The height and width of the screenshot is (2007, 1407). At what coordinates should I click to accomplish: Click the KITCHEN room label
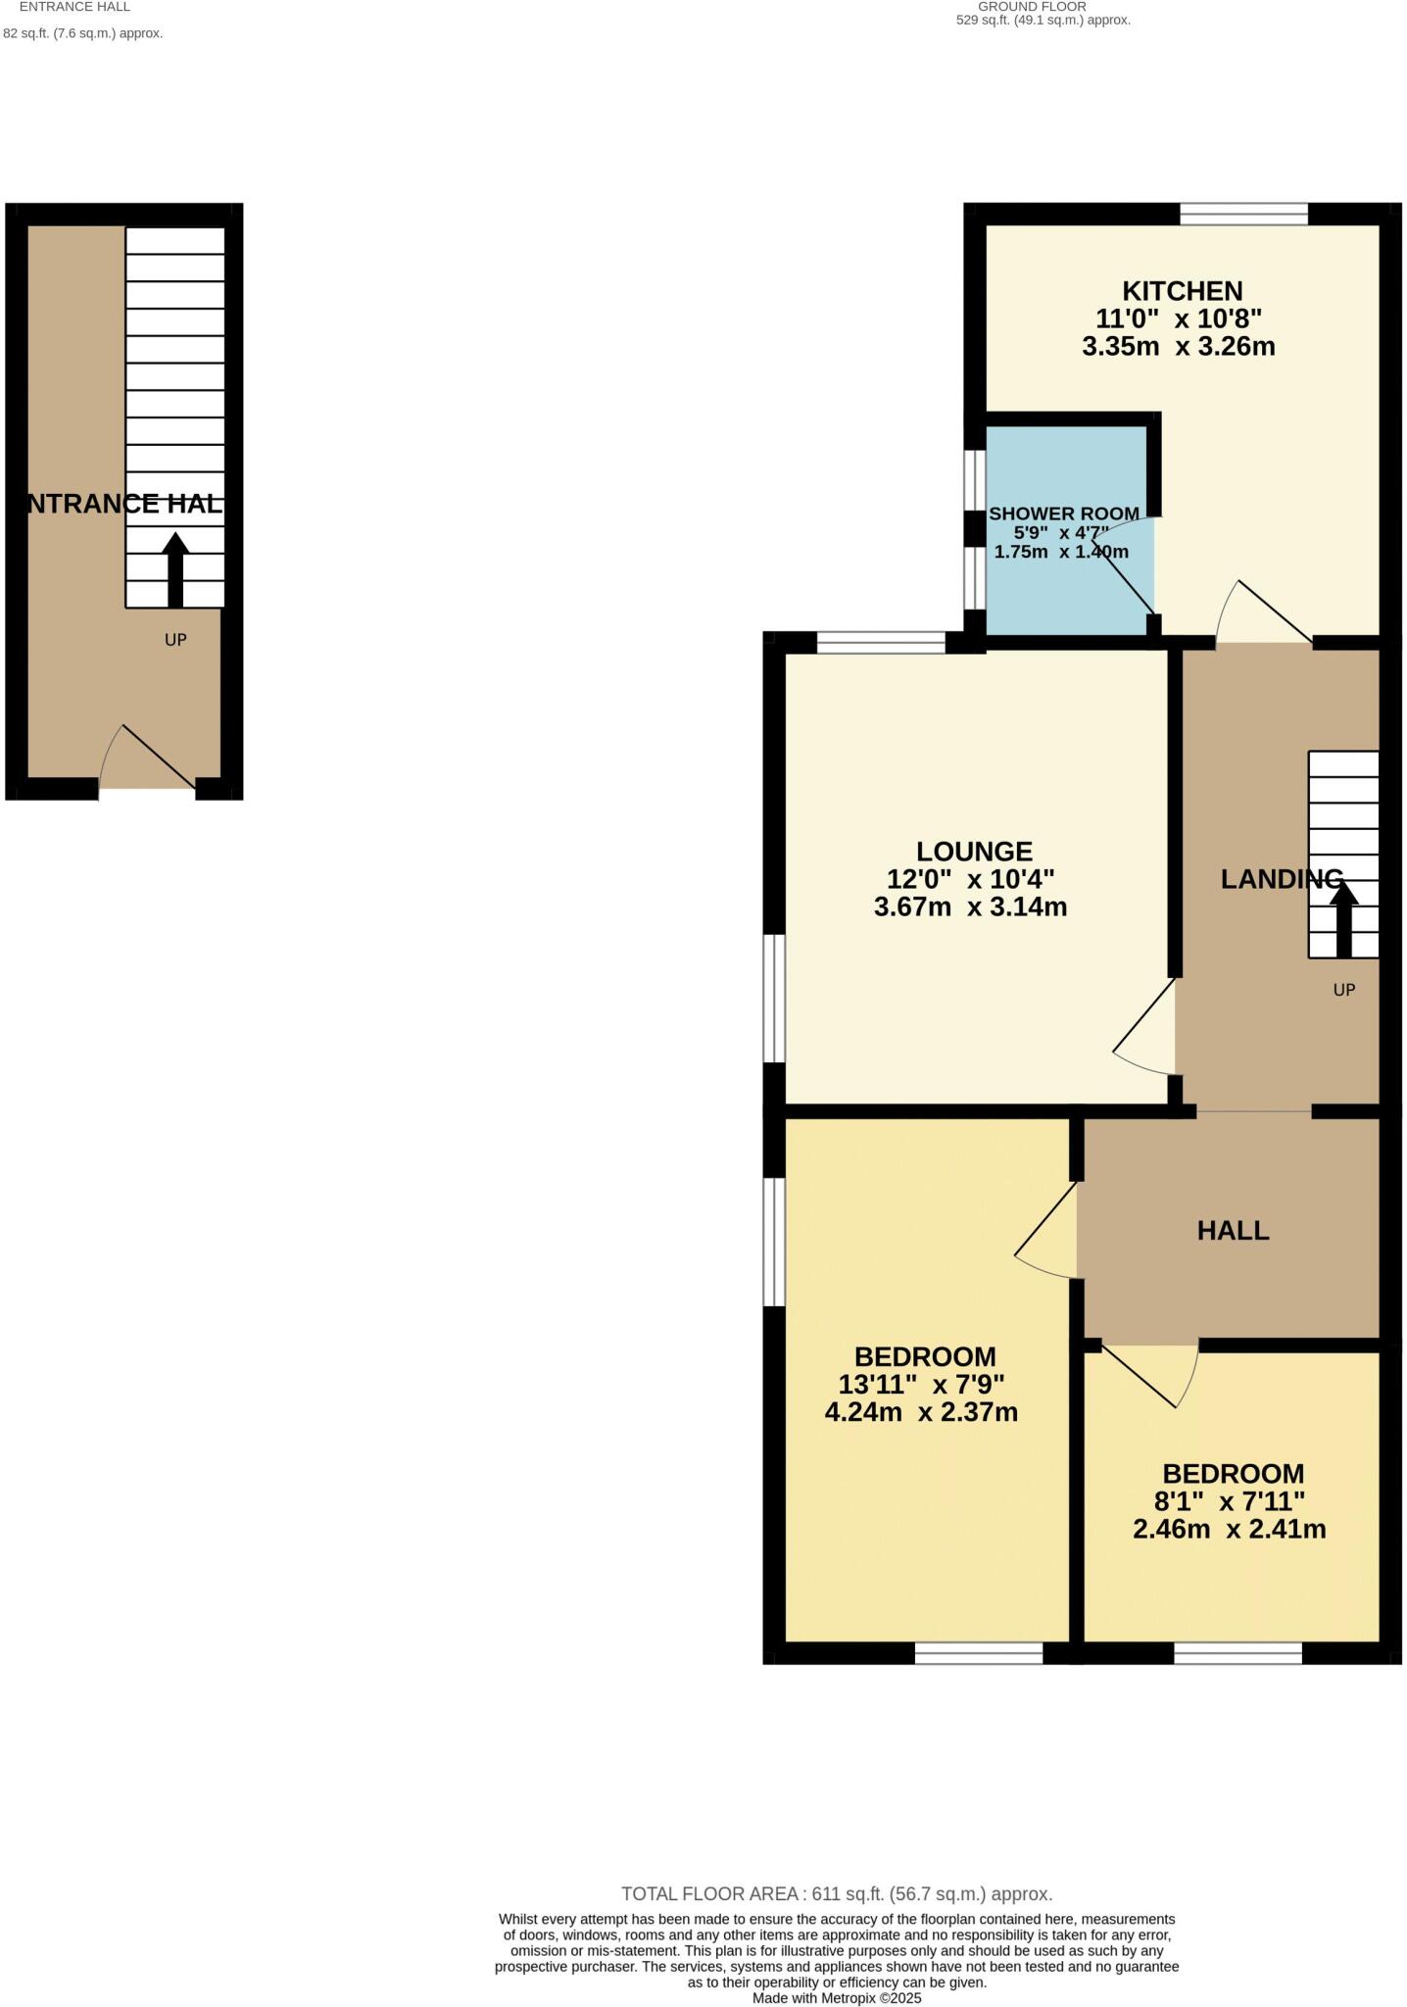(1182, 291)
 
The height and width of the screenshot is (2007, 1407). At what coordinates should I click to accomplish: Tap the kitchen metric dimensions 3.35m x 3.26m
(1178, 346)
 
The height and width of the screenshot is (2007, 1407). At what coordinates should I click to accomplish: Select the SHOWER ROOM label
(1063, 514)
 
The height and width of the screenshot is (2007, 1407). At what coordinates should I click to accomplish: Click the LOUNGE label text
(974, 852)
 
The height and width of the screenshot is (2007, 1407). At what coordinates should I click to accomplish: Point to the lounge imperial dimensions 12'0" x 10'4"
(970, 879)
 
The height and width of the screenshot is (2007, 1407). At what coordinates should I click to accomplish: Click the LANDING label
(1281, 879)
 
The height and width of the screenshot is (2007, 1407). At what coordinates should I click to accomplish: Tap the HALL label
(1233, 1231)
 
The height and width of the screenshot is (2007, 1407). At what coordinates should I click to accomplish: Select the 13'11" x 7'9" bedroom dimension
(921, 1385)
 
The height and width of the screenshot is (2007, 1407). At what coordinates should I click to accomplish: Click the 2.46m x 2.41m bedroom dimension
(1229, 1529)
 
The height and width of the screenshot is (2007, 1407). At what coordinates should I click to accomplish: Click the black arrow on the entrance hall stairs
(175, 568)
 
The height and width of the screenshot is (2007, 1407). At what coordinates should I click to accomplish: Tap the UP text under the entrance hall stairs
(175, 640)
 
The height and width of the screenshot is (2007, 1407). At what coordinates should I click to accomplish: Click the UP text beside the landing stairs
(1343, 990)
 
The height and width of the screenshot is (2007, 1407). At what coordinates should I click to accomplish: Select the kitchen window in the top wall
(1243, 214)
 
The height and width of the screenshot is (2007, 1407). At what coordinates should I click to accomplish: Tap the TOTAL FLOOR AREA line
(836, 1894)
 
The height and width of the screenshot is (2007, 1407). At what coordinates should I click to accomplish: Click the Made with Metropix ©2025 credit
(836, 1997)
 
